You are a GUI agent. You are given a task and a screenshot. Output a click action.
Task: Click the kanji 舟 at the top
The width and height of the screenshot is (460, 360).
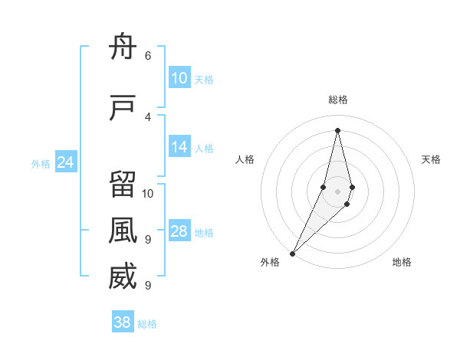(123, 47)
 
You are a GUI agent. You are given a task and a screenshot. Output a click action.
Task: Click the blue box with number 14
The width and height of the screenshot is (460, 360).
(179, 148)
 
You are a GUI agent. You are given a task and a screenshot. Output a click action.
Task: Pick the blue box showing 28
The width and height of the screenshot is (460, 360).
(179, 232)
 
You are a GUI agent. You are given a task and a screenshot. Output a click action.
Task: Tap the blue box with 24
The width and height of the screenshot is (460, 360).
(66, 162)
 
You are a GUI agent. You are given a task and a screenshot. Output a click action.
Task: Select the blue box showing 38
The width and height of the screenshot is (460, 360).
(123, 322)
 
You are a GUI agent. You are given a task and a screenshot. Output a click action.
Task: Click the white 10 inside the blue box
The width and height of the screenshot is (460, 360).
(179, 78)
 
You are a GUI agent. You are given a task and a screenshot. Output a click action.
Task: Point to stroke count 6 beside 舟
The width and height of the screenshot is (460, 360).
(148, 56)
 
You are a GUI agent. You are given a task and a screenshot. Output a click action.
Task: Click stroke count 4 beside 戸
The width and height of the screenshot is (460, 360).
(148, 116)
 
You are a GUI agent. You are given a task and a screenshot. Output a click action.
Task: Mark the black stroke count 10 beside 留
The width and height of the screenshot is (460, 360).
(148, 193)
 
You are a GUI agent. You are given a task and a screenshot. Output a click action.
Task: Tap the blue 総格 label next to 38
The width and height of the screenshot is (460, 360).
(147, 324)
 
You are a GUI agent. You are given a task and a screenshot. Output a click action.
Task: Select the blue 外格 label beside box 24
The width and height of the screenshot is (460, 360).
(41, 164)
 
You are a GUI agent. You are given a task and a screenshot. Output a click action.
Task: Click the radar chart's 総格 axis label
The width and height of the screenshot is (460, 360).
(337, 100)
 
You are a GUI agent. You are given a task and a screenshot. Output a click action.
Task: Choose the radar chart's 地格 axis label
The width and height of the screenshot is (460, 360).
(402, 263)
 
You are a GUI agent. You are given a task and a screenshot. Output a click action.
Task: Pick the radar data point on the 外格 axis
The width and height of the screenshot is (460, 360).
(292, 252)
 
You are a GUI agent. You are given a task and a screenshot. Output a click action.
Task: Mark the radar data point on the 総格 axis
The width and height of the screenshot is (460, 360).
(337, 129)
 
